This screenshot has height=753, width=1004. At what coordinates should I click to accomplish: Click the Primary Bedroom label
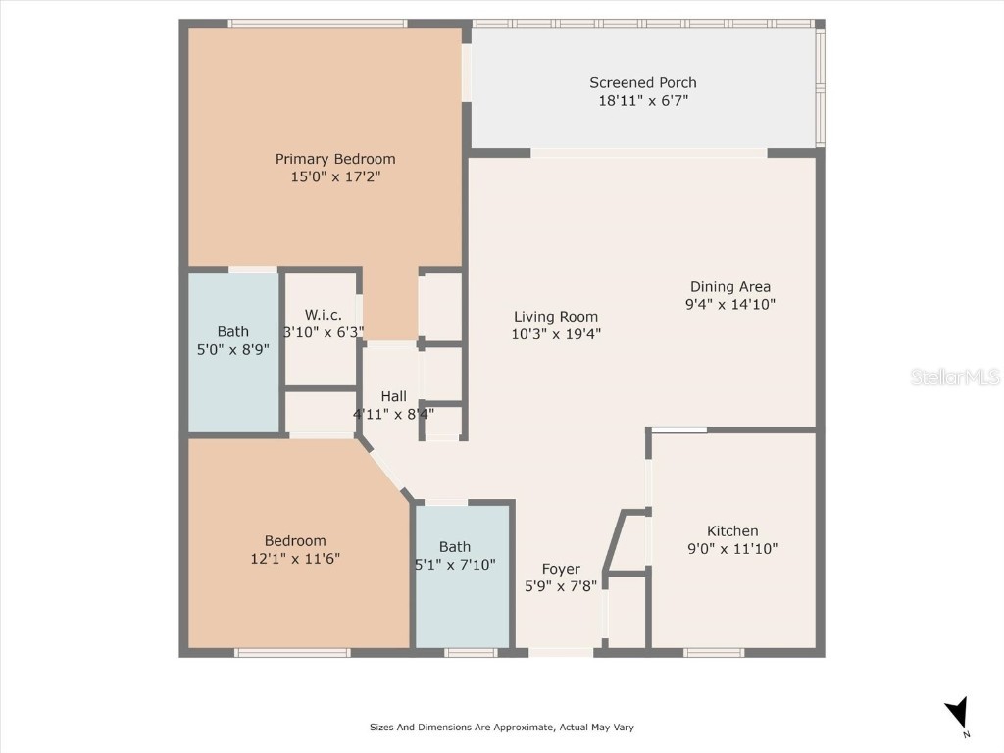334,159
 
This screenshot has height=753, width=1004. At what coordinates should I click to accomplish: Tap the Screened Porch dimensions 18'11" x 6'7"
643,101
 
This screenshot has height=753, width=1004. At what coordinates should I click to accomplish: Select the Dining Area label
729,286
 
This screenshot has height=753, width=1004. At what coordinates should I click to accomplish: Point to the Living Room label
556,316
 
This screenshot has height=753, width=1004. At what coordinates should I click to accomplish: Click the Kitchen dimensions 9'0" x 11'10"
732,549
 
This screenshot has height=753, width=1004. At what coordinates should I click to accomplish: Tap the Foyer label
561,569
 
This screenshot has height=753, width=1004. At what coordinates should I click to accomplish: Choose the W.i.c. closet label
323,315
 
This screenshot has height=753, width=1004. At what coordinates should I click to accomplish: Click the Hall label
394,396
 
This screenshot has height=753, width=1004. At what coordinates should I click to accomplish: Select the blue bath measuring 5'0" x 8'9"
233,351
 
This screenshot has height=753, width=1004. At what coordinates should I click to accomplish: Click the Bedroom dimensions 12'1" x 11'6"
295,559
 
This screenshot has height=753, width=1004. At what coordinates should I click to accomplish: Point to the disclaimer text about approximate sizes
501,728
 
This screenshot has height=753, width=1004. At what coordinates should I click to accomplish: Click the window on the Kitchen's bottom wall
714,652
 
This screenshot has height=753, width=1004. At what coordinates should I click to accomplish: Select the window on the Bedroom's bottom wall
293,652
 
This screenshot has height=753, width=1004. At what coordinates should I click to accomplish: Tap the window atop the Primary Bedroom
317,24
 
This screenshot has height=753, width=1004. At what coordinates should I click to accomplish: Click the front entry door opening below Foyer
561,652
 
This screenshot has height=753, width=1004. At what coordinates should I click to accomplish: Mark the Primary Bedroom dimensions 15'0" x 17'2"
334,177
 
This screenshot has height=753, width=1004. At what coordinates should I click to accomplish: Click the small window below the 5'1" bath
471,652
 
